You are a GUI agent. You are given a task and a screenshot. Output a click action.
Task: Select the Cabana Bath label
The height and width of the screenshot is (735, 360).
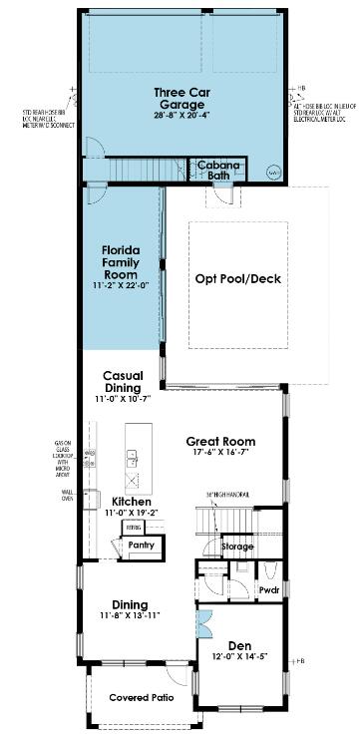[215, 169]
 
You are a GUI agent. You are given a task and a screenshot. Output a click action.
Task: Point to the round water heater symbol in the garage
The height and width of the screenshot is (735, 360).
[274, 172]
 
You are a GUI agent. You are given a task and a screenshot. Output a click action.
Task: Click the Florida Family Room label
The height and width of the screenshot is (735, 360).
[126, 261]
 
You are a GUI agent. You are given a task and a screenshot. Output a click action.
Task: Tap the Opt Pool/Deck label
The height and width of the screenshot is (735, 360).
[237, 279]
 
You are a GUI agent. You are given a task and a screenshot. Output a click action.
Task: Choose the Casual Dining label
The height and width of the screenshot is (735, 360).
[124, 382]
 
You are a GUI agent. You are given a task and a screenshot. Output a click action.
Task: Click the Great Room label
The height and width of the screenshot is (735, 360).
[220, 441]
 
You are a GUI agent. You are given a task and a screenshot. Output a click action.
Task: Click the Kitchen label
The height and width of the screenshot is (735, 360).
[131, 502]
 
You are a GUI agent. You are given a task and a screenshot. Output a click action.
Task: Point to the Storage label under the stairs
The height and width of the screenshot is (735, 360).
[237, 546]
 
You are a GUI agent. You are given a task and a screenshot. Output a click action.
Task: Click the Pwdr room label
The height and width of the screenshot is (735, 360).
[268, 589]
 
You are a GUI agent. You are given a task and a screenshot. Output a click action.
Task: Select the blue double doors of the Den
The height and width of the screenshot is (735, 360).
[204, 624]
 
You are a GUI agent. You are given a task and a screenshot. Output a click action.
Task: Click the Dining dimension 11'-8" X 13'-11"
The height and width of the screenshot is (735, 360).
[130, 616]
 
